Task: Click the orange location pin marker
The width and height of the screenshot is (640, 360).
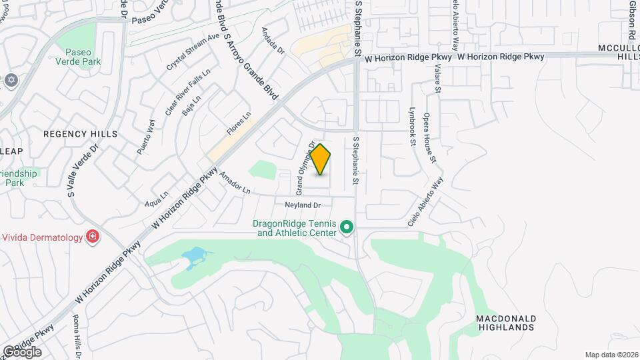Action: point(321,159)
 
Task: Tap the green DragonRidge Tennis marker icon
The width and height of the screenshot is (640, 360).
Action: point(347,228)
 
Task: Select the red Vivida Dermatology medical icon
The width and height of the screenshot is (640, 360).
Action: point(93,237)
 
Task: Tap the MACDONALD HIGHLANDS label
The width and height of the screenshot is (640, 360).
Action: point(506,323)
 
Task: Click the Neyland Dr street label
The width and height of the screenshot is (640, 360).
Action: point(303,205)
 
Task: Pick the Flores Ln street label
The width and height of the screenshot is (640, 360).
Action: point(239,123)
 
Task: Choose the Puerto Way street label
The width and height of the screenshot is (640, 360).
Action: point(146,137)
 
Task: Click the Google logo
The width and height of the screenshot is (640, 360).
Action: point(22,351)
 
